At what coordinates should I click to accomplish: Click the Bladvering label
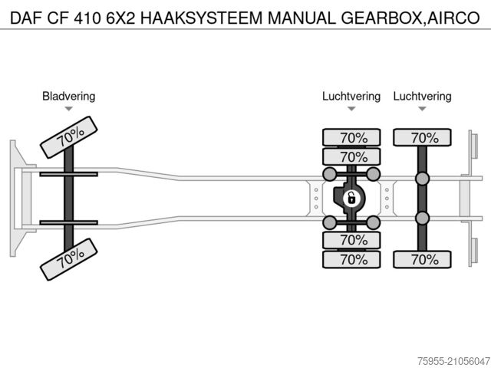pos(68,97)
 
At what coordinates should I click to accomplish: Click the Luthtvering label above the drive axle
pos(351,97)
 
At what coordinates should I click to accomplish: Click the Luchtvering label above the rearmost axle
pos(422,97)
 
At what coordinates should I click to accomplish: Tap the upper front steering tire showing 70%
pos(69,137)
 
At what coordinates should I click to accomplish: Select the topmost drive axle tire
pos(351,138)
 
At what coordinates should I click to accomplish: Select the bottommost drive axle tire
pos(351,259)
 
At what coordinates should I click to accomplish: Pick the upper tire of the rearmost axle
pos(422,138)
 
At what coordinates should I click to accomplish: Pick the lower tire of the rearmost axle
pos(422,259)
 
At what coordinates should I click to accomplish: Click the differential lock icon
pos(351,199)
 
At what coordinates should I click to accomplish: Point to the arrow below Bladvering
pos(68,109)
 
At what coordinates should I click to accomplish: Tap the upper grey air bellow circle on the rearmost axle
pos(422,179)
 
